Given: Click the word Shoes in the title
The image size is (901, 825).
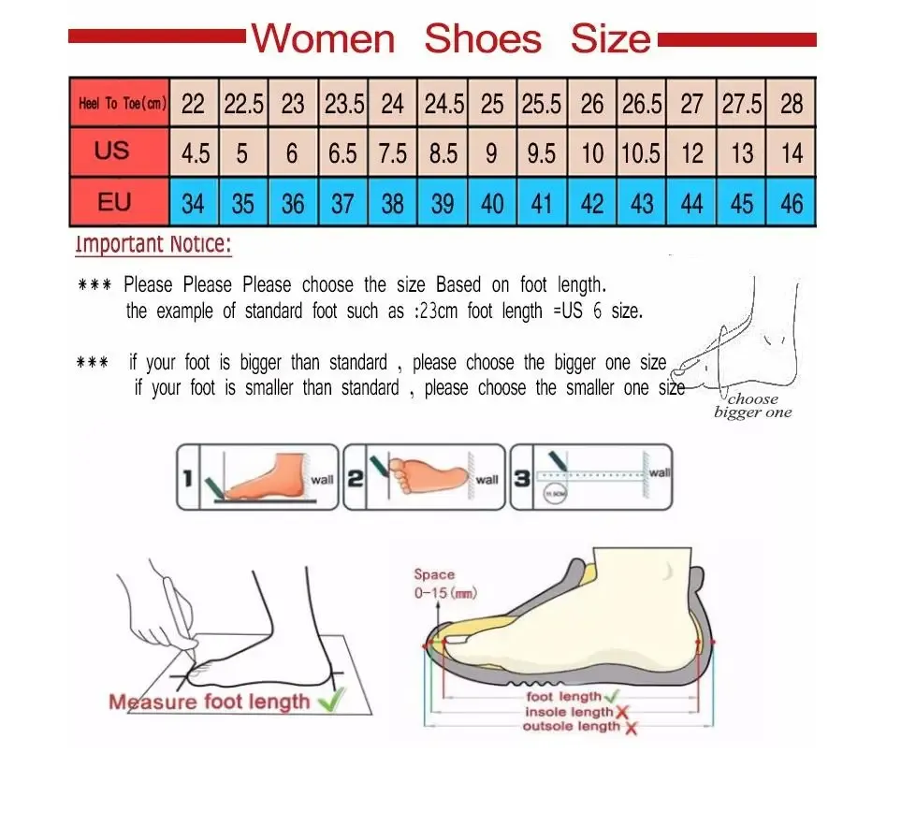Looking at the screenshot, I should (482, 39).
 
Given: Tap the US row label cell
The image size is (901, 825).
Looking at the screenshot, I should (112, 151).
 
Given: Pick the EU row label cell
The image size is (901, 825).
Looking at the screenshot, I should (112, 203).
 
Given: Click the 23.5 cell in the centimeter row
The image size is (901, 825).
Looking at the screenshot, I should (343, 103).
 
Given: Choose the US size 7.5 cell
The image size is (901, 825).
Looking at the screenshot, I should (393, 152).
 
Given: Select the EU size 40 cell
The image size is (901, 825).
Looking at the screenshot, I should (492, 203).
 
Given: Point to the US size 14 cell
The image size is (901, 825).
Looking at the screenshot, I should (792, 152).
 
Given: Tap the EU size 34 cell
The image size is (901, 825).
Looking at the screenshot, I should (193, 203).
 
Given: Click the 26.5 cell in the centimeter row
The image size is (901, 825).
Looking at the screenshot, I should (642, 103).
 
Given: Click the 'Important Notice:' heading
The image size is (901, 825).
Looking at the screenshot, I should (153, 245).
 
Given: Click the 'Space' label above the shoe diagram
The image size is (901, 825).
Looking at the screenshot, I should (434, 574).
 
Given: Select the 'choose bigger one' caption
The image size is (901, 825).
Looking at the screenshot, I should (752, 406).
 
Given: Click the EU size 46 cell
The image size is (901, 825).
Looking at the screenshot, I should (792, 203).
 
